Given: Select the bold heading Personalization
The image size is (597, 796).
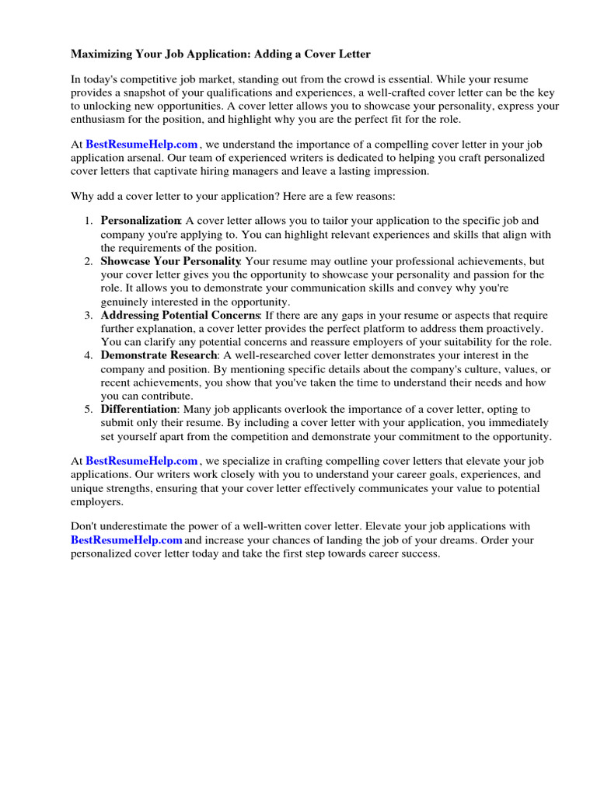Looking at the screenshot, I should coord(141,222).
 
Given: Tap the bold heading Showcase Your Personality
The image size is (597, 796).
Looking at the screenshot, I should coord(170,262).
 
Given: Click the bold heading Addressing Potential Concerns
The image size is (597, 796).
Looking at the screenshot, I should coord(180,316).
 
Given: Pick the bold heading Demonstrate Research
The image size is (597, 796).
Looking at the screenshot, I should coord(159,356).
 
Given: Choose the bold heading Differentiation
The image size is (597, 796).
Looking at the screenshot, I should coord(139,410).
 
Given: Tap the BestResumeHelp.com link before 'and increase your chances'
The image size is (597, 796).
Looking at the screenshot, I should coord(127,541).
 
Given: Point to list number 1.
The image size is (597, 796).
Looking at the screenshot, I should coord(89,222).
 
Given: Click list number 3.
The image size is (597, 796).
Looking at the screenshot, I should coord(89,316).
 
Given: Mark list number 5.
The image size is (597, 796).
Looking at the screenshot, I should coord(89,410).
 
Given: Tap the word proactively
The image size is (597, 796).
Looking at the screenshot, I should coord(522,329).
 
